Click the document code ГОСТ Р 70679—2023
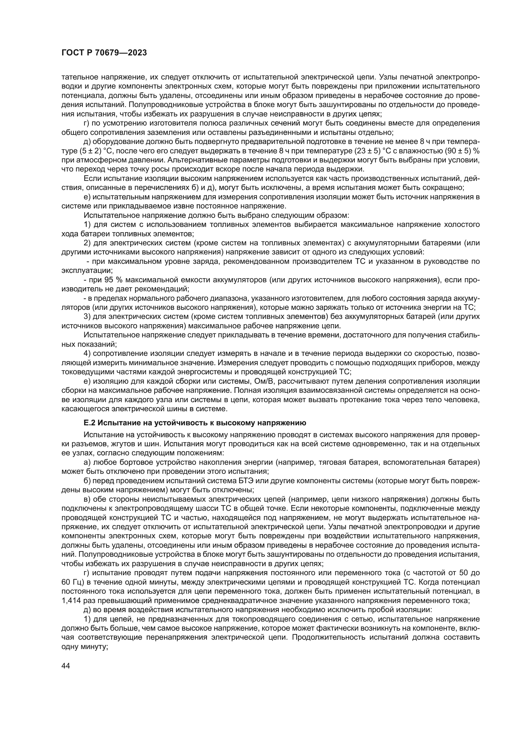(104, 53)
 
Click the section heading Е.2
(194, 423)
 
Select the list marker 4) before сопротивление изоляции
(88, 353)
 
